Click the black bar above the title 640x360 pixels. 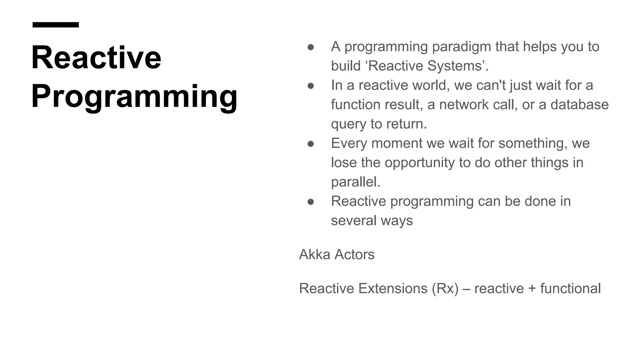pos(56,25)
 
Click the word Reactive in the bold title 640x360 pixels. pos(96,58)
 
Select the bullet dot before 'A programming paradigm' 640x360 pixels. pos(311,47)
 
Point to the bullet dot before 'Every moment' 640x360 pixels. pos(311,144)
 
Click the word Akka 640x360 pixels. pos(314,254)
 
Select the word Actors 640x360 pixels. pos(354,254)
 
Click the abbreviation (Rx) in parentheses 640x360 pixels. pos(445,288)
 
